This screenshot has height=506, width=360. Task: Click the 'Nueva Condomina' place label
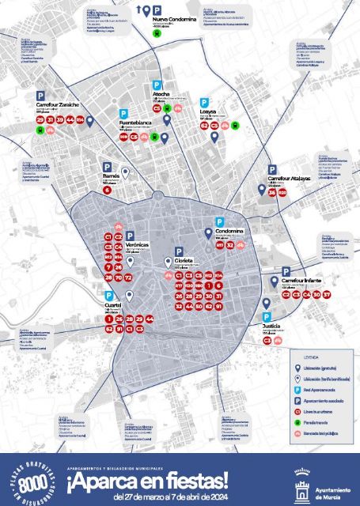tap(176, 18)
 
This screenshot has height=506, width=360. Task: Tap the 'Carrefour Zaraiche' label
tap(58, 104)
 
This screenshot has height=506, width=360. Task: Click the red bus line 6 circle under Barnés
tap(107, 190)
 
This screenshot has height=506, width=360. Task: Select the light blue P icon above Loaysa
tap(205, 102)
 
